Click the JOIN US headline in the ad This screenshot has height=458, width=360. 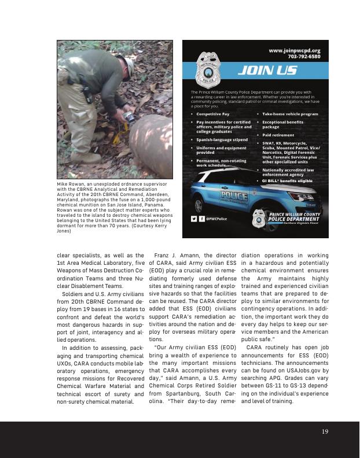coord(276,71)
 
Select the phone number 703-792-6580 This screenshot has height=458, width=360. coord(304,57)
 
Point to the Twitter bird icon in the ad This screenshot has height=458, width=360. coord(194,219)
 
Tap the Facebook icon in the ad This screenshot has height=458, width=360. coord(202,219)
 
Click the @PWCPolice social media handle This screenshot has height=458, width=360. coord(216,219)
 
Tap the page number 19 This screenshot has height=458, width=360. coord(325,431)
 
